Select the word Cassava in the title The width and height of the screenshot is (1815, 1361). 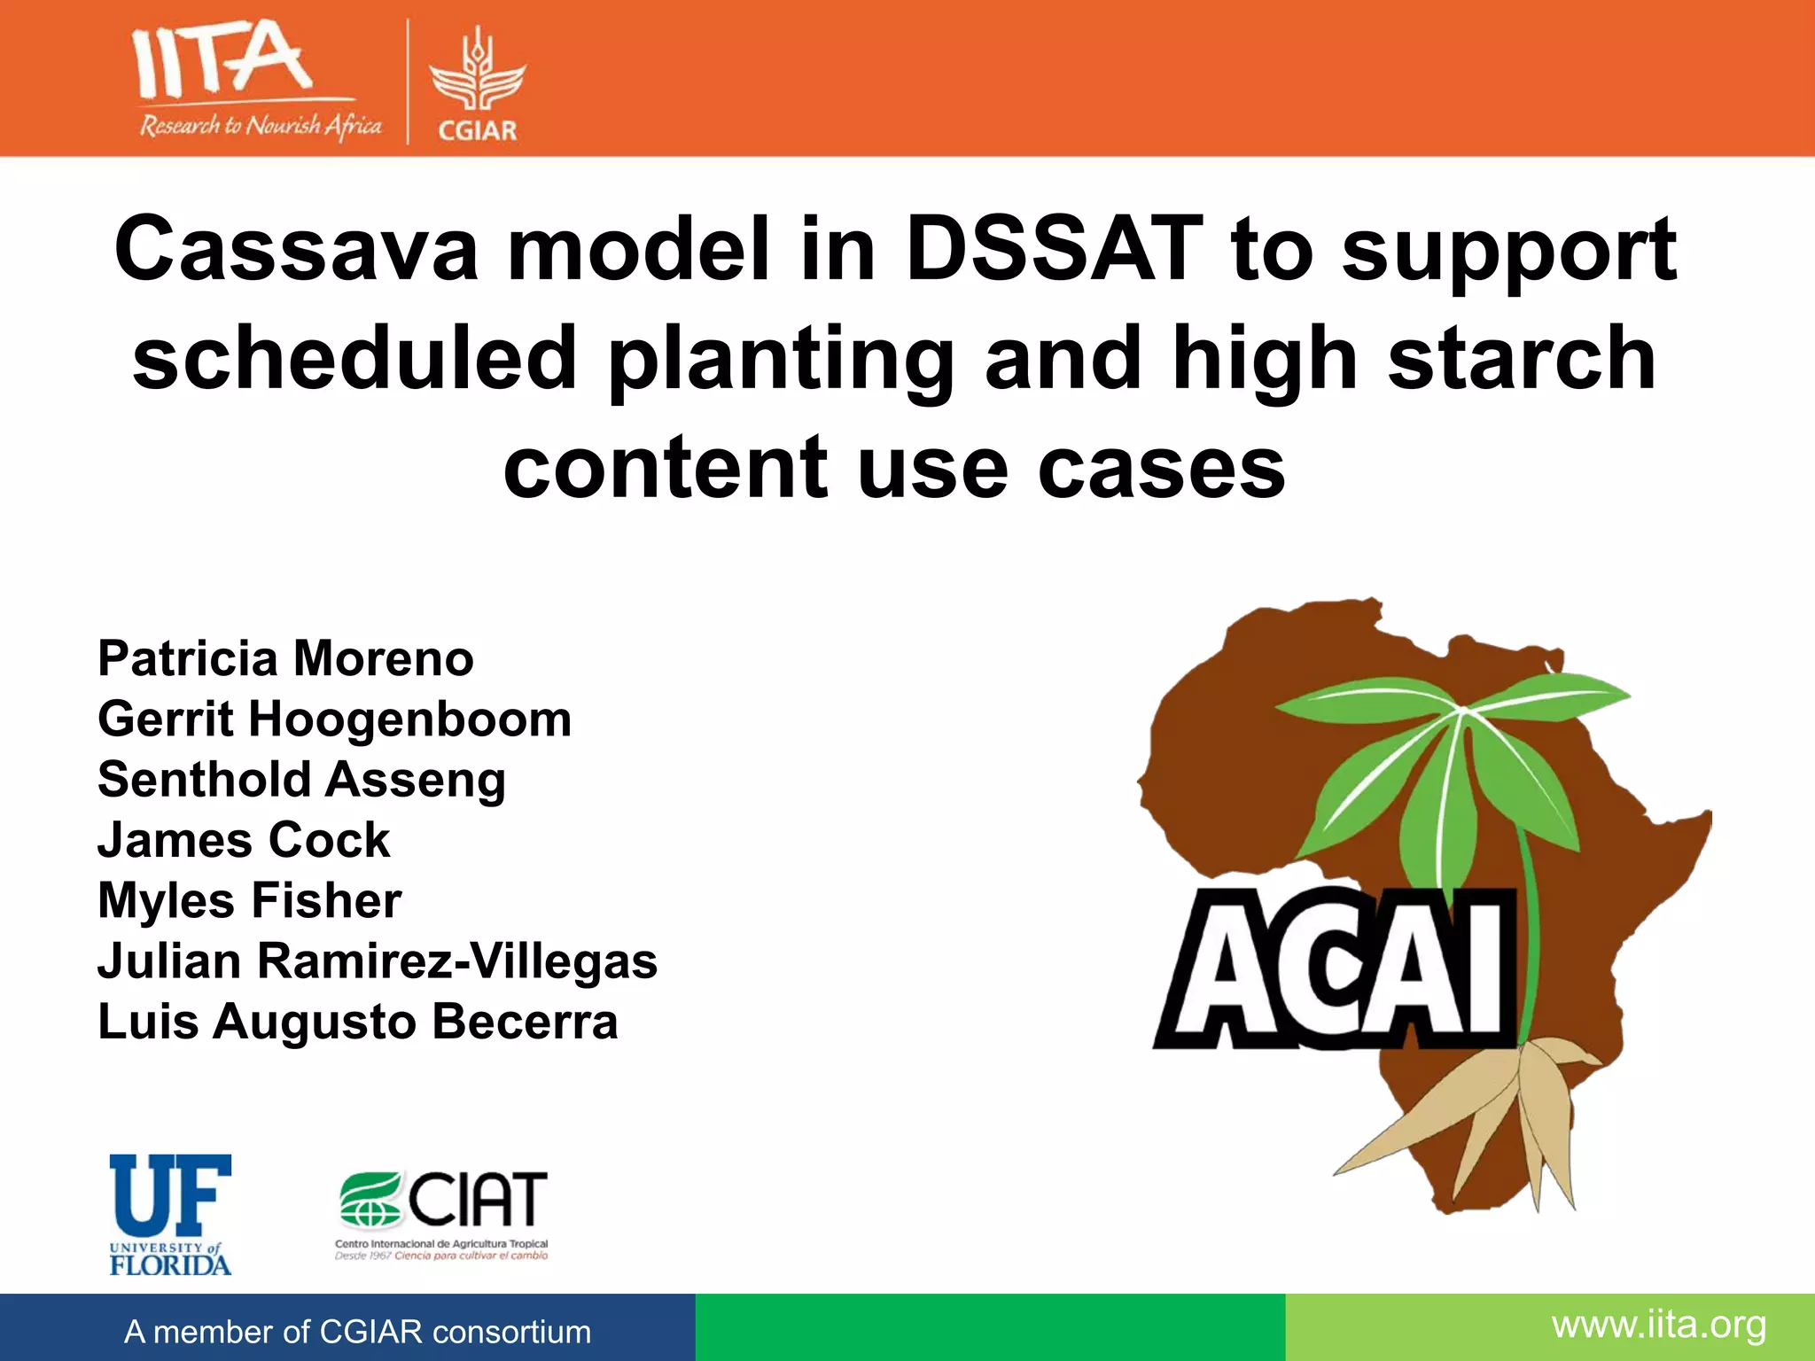[x=296, y=250]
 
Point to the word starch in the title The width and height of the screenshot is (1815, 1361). [x=1521, y=358]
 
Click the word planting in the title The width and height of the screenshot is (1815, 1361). [x=780, y=360]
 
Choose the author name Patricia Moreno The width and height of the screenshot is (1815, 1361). [x=285, y=658]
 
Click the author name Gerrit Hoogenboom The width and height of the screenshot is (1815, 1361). [x=334, y=719]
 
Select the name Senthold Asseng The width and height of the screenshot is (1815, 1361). [x=301, y=780]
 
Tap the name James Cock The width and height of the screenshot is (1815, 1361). [x=244, y=840]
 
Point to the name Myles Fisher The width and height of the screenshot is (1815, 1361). [x=249, y=900]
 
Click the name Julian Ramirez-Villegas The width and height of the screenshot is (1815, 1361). [x=378, y=961]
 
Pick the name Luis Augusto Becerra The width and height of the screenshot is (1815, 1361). [x=357, y=1022]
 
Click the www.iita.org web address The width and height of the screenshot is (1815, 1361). [x=1658, y=1326]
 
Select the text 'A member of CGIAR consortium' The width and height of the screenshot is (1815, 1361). [x=357, y=1332]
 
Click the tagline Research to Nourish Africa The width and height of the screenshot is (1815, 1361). [x=260, y=126]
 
